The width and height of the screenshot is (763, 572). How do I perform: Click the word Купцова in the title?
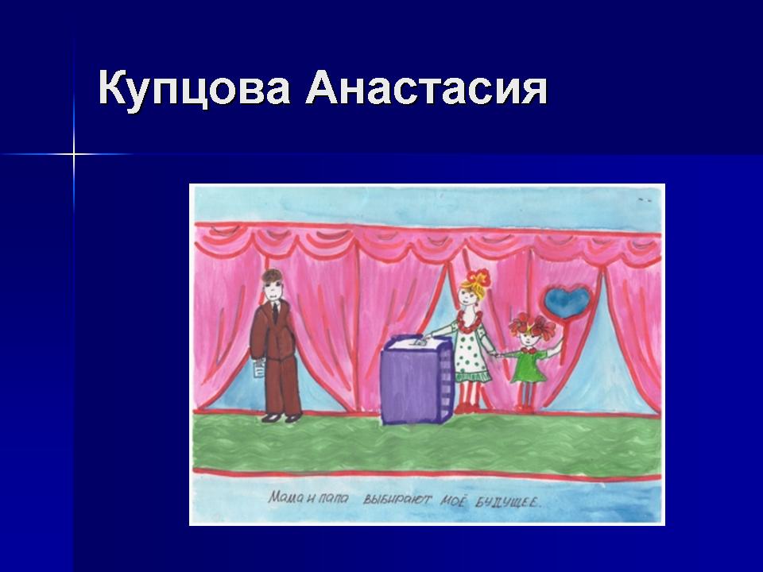(194, 89)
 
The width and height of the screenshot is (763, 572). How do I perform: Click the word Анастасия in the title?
(427, 88)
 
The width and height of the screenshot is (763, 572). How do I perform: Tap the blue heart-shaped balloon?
(567, 302)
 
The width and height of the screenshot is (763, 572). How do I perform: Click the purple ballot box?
(416, 381)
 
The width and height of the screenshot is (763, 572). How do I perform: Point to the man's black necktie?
(275, 311)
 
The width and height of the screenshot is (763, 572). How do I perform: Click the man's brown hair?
(272, 277)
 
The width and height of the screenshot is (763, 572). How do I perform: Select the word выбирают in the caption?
(397, 500)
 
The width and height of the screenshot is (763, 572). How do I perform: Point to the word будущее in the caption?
(508, 502)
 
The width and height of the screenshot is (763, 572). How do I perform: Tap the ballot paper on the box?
(419, 342)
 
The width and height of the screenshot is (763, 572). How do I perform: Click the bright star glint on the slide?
(74, 155)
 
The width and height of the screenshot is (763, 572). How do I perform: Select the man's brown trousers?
(282, 387)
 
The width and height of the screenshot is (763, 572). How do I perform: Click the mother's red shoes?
(467, 408)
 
